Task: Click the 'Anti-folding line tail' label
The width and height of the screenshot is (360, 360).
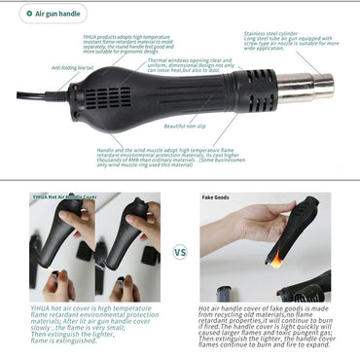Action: [x=72, y=68]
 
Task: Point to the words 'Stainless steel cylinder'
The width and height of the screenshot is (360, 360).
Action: [x=276, y=32]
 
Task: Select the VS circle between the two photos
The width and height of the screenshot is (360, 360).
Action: [x=180, y=250]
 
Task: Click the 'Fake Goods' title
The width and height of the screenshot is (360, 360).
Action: [x=216, y=197]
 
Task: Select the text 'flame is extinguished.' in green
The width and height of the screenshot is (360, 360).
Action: [x=62, y=341]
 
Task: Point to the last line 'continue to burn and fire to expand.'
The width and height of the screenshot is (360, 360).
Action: [x=249, y=345]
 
